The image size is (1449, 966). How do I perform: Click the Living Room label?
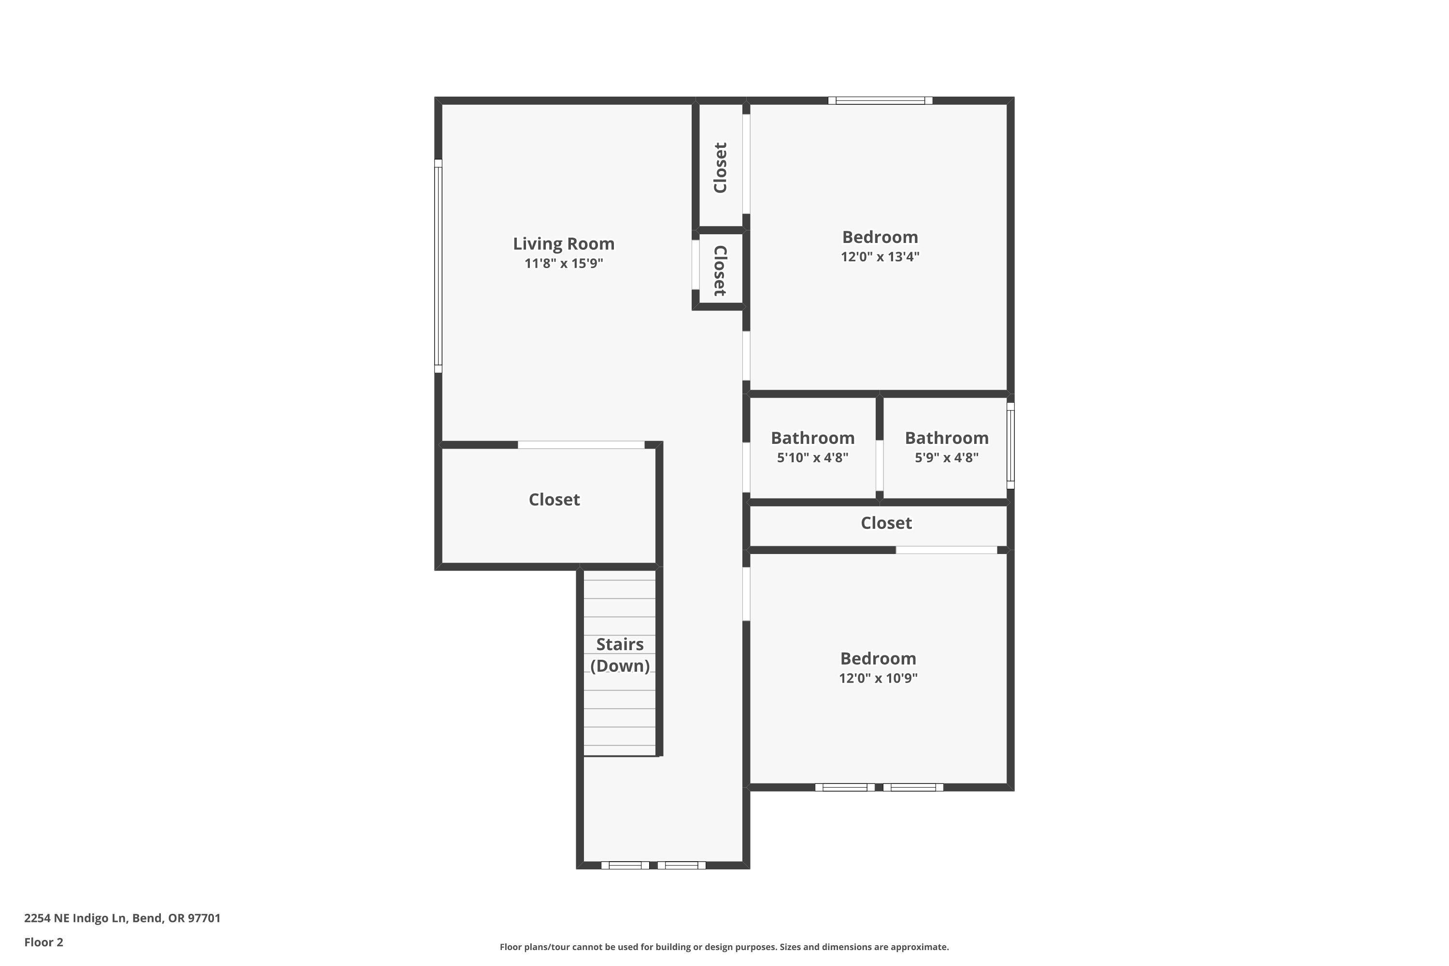coord(563,244)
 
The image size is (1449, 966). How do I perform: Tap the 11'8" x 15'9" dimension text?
coord(563,264)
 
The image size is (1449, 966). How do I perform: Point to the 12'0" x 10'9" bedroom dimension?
coord(878,678)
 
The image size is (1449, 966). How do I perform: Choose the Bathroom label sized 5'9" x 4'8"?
coord(946,438)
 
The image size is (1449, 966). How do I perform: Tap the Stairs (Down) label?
coord(620,655)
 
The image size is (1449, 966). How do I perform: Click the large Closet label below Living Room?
coord(554,499)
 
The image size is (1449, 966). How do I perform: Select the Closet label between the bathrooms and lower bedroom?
coord(886,523)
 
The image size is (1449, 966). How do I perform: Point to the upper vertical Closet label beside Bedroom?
coord(720,168)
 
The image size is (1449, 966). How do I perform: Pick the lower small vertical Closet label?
coord(720,270)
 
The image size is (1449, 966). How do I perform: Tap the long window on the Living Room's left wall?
coord(438,266)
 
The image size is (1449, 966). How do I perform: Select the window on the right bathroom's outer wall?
coord(1010,445)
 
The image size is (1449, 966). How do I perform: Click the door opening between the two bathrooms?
coord(879,465)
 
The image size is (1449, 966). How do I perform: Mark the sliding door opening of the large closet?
coord(581,445)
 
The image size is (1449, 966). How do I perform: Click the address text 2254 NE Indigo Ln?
coord(122,918)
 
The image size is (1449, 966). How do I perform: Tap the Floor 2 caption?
coord(44,942)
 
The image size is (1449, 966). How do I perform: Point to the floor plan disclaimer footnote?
coord(724,947)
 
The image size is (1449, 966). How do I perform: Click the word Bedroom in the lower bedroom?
coord(878,659)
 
